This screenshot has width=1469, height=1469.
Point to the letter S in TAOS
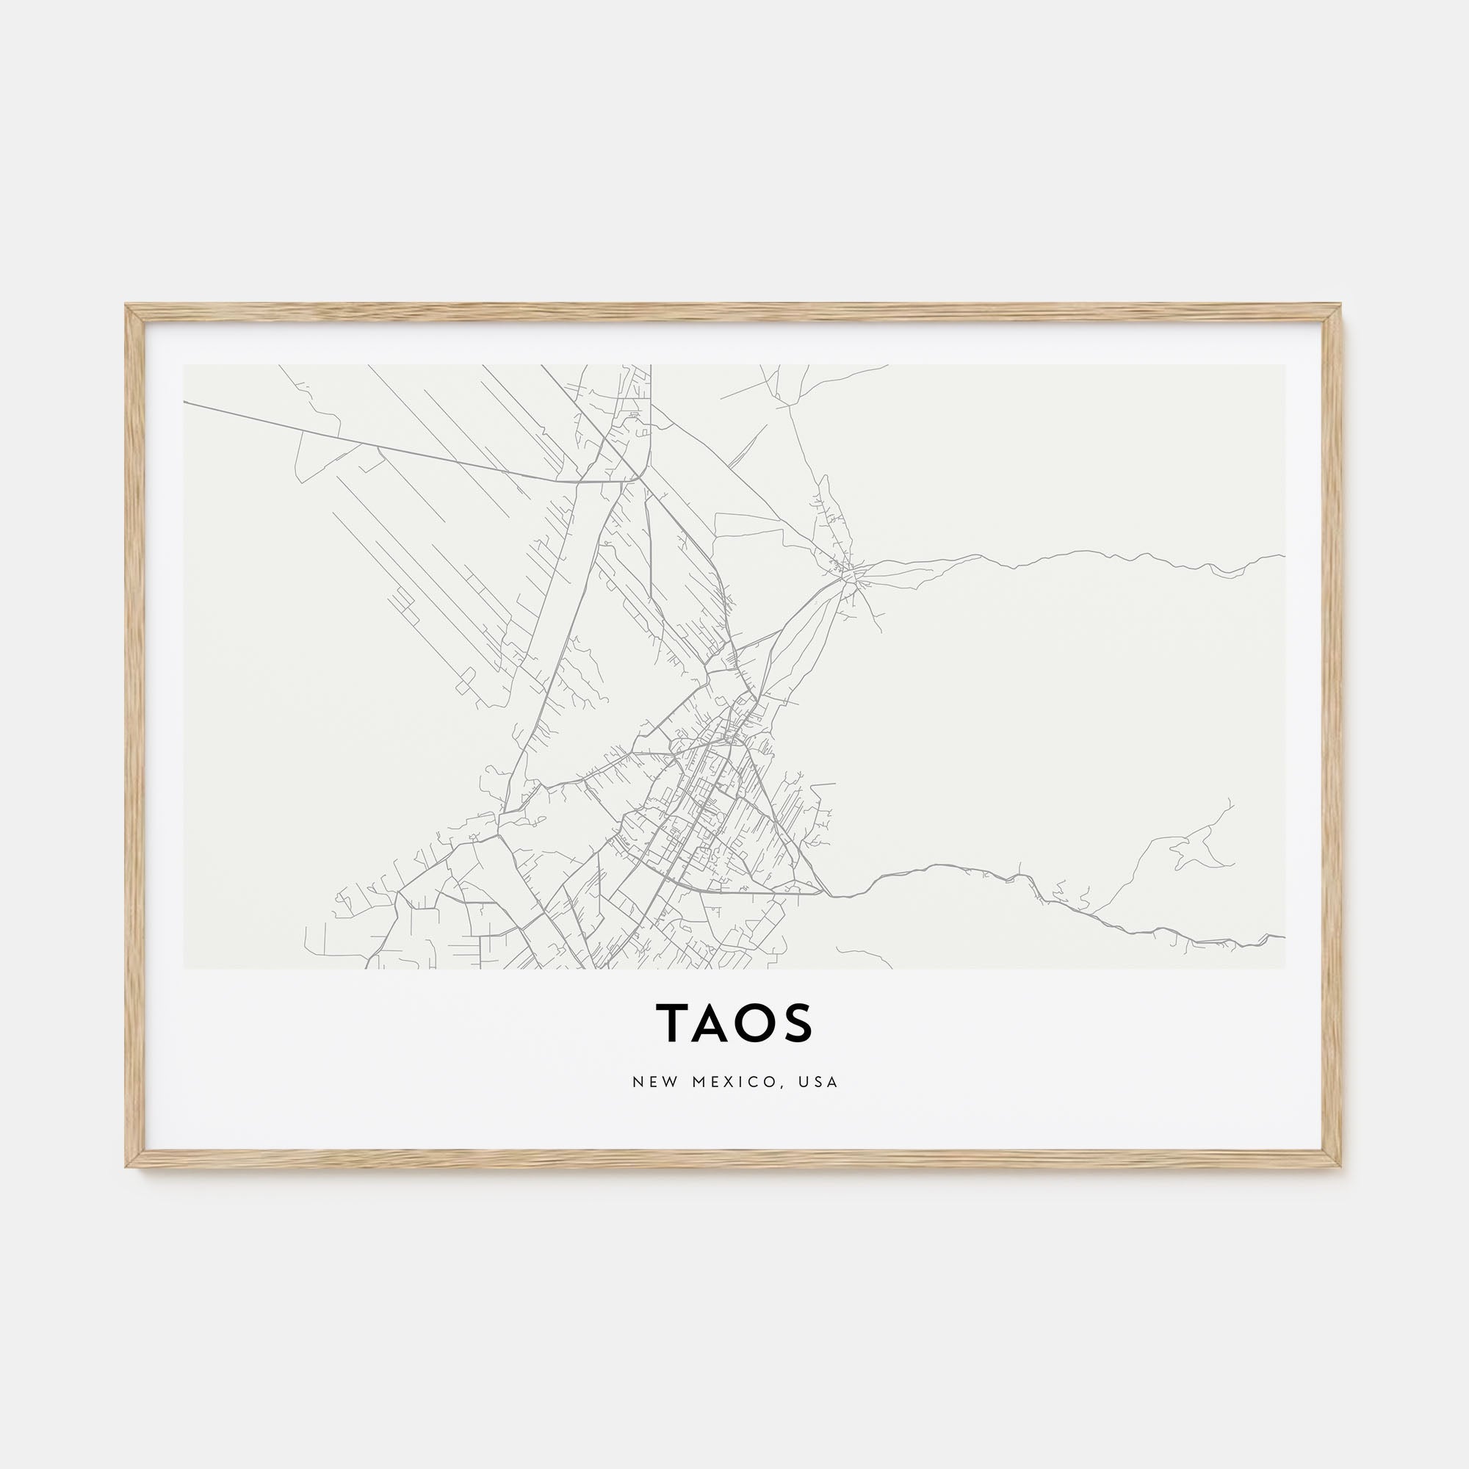[798, 1022]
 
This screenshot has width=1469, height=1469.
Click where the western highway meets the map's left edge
[185, 403]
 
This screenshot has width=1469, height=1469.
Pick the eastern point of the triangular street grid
[823, 892]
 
